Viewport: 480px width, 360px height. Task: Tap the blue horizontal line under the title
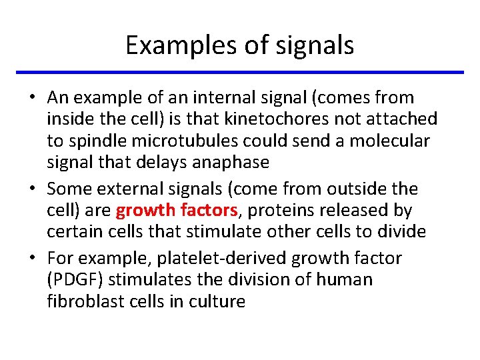point(240,72)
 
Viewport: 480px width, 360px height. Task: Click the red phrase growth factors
point(177,211)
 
